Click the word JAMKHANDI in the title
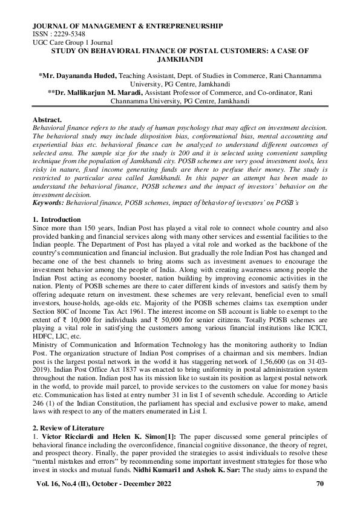coord(180,61)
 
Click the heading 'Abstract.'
coord(47,120)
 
